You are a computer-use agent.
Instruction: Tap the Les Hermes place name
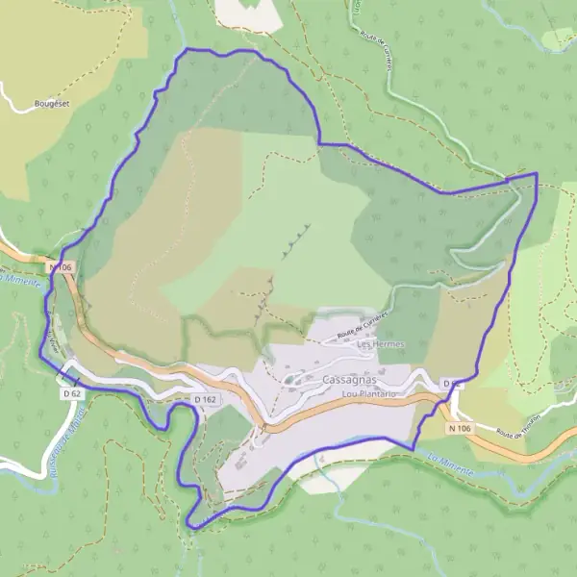380,344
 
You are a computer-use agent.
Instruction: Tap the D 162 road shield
204,399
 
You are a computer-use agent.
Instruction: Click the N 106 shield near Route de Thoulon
459,428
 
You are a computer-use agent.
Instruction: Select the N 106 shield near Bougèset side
61,266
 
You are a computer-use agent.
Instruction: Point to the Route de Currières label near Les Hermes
362,327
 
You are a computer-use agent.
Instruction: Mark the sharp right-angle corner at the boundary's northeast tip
536,174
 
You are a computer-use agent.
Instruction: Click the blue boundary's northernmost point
188,48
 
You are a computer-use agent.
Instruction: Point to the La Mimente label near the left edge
21,280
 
